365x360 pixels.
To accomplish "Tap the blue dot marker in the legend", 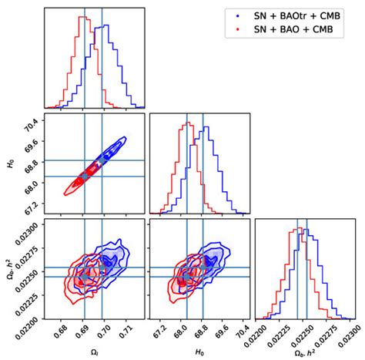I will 236,15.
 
